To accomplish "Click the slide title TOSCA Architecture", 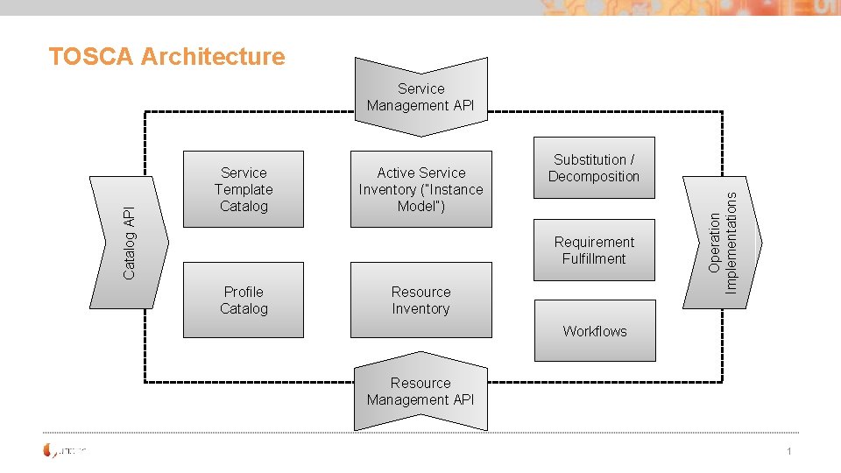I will [166, 57].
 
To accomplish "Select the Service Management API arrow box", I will [420, 97].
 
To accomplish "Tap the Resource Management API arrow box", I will [420, 392].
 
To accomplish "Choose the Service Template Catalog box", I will [244, 189].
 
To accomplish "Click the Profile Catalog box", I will [244, 300].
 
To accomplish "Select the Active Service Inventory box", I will [420, 189].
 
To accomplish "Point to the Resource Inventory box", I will [420, 300].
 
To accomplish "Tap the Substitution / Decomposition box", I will [594, 168].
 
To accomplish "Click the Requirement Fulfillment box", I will [594, 251].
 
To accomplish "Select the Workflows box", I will [595, 331].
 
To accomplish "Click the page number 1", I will [789, 451].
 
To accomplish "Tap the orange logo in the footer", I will [50, 451].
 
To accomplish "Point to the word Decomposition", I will [594, 177].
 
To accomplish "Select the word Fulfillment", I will [594, 259].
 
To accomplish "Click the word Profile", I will [244, 292].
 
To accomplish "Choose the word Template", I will [244, 189].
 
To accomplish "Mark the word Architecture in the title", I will [213, 57].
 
